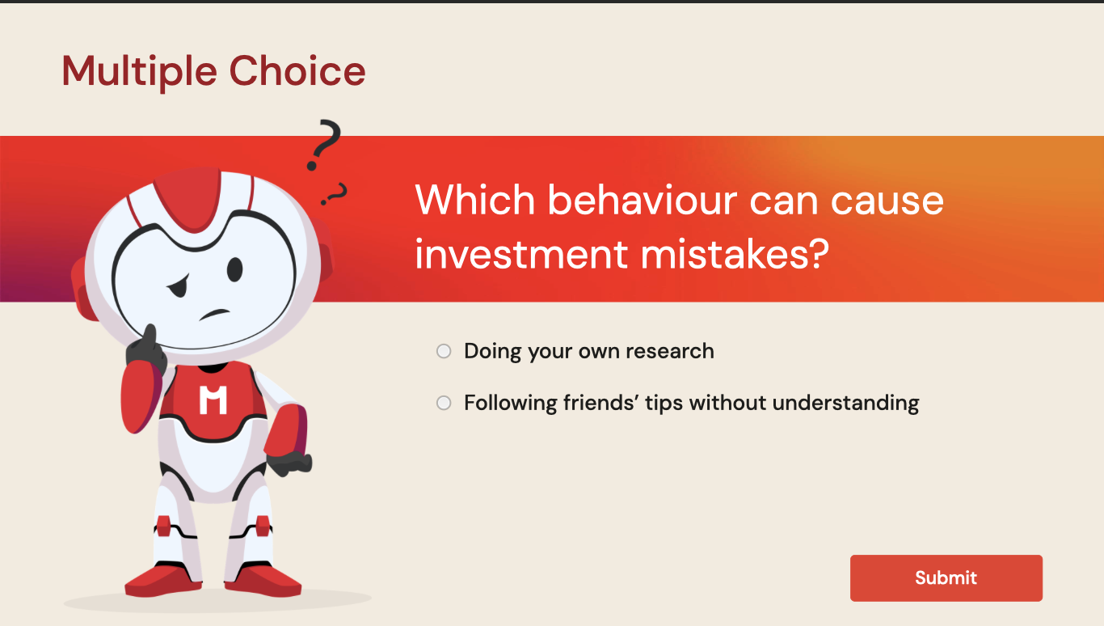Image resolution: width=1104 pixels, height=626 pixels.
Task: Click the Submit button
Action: coord(946,577)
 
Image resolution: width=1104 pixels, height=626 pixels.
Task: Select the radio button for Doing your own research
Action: coord(444,351)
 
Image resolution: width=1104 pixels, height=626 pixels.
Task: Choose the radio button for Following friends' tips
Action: coord(444,403)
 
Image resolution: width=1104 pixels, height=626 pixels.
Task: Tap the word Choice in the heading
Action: coord(297,70)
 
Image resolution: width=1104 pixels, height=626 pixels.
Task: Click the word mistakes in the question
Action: coord(735,255)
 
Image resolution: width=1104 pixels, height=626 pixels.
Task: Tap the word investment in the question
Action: coord(521,255)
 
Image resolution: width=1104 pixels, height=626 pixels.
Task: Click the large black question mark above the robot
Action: coord(323,145)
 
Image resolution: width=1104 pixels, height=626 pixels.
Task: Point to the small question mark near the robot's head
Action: coord(335,194)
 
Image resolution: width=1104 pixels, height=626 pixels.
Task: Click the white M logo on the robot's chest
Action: coord(213,400)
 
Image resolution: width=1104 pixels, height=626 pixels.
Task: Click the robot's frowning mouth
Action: coord(214,314)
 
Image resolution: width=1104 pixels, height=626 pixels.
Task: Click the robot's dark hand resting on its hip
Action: coord(290,463)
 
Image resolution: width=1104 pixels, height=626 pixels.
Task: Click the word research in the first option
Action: coord(669,351)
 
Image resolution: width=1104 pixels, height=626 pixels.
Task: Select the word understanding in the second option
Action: coord(845,403)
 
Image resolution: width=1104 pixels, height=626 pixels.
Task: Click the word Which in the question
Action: coord(475,201)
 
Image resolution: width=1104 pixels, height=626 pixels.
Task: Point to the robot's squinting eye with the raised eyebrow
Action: coord(179,286)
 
